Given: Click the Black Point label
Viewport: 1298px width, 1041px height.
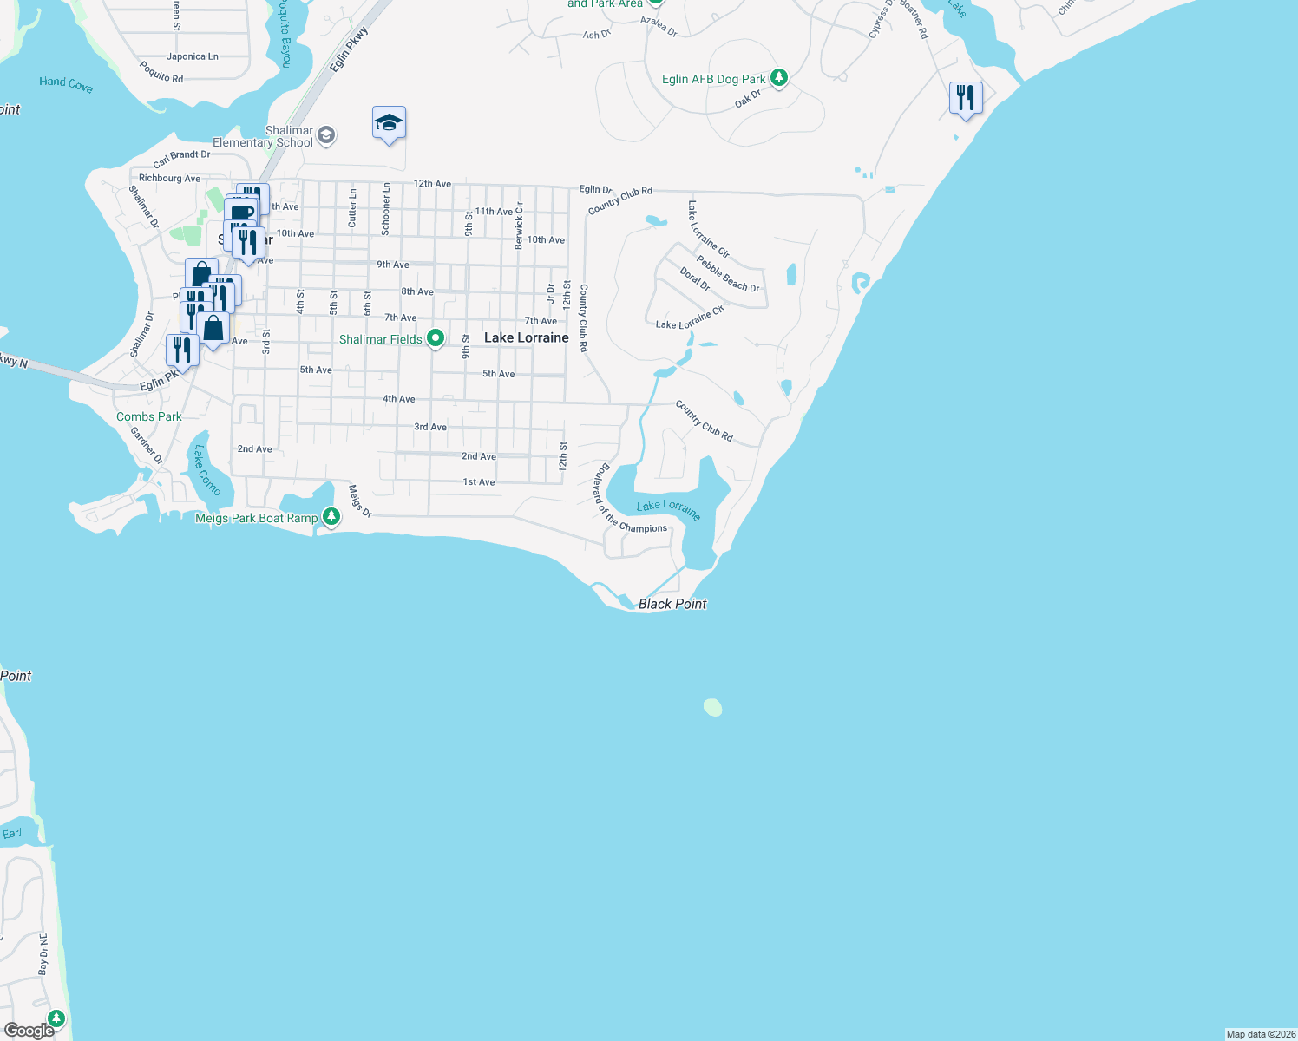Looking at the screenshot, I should (672, 604).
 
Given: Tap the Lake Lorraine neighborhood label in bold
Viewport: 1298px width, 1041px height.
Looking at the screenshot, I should (527, 337).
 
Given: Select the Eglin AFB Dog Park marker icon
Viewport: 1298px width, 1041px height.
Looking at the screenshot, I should (779, 78).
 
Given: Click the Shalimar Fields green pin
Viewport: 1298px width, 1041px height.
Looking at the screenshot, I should (436, 338).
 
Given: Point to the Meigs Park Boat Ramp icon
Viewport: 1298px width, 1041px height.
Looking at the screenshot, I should (331, 517).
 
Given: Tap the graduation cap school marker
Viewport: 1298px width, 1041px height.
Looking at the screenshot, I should (389, 123).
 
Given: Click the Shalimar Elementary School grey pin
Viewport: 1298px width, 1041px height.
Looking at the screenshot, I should (326, 134).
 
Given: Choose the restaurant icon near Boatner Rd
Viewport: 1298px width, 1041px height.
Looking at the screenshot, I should (966, 98).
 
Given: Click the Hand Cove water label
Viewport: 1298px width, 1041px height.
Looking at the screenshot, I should (66, 83).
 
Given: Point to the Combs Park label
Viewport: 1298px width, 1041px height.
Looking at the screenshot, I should (149, 416).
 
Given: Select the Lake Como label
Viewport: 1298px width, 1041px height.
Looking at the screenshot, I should (206, 470).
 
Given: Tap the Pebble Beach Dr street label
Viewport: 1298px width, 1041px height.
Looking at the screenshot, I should (728, 274).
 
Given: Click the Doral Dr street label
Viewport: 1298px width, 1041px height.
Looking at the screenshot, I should (695, 279).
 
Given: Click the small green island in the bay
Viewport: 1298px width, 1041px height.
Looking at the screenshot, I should (712, 707).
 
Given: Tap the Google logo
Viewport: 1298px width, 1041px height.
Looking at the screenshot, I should (29, 1030).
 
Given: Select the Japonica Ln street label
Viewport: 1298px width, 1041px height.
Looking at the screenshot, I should (193, 56).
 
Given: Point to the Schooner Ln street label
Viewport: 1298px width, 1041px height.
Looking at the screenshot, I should (386, 209).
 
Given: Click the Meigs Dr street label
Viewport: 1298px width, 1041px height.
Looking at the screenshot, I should (360, 501).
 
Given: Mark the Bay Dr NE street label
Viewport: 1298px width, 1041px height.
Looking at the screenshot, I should (43, 954).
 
